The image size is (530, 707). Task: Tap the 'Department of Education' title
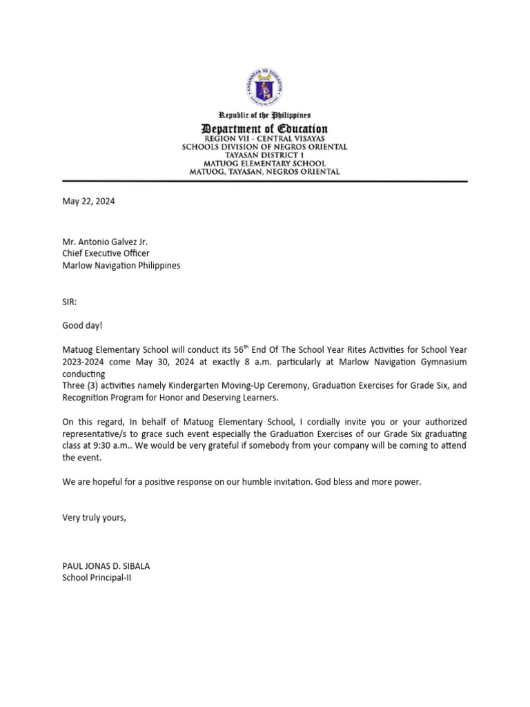[x=265, y=128]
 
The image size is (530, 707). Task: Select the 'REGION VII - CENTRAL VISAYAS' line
[x=265, y=139]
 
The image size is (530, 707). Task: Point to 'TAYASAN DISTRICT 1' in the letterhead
[x=265, y=155]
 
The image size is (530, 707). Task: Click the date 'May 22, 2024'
[x=88, y=202]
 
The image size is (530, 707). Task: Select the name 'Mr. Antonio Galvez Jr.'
[x=105, y=242]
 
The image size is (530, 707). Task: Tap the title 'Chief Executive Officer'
[x=106, y=253]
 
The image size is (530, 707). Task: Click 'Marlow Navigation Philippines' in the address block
[x=121, y=265]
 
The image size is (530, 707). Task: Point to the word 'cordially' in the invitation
[x=315, y=422]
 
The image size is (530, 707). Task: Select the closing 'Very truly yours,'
[x=95, y=517]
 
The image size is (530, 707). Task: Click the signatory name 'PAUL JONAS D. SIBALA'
[x=106, y=566]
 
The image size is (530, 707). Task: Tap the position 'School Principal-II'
[x=97, y=578]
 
